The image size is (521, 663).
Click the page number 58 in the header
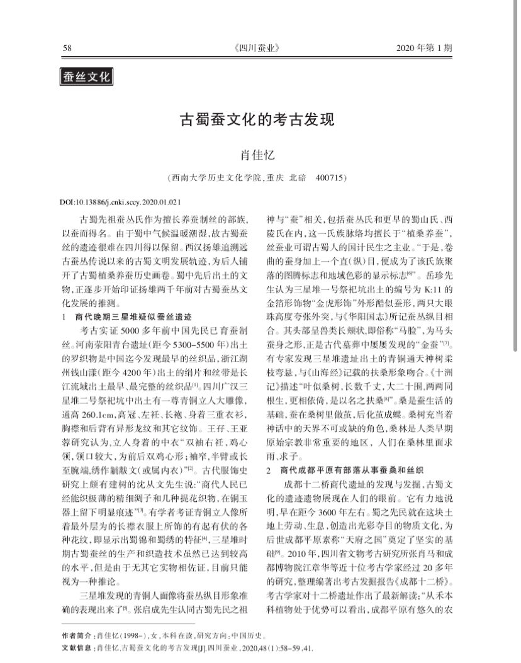tap(68, 48)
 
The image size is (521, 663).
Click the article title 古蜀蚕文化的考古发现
tap(259, 120)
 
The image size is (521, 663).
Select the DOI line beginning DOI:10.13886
tap(120, 203)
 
